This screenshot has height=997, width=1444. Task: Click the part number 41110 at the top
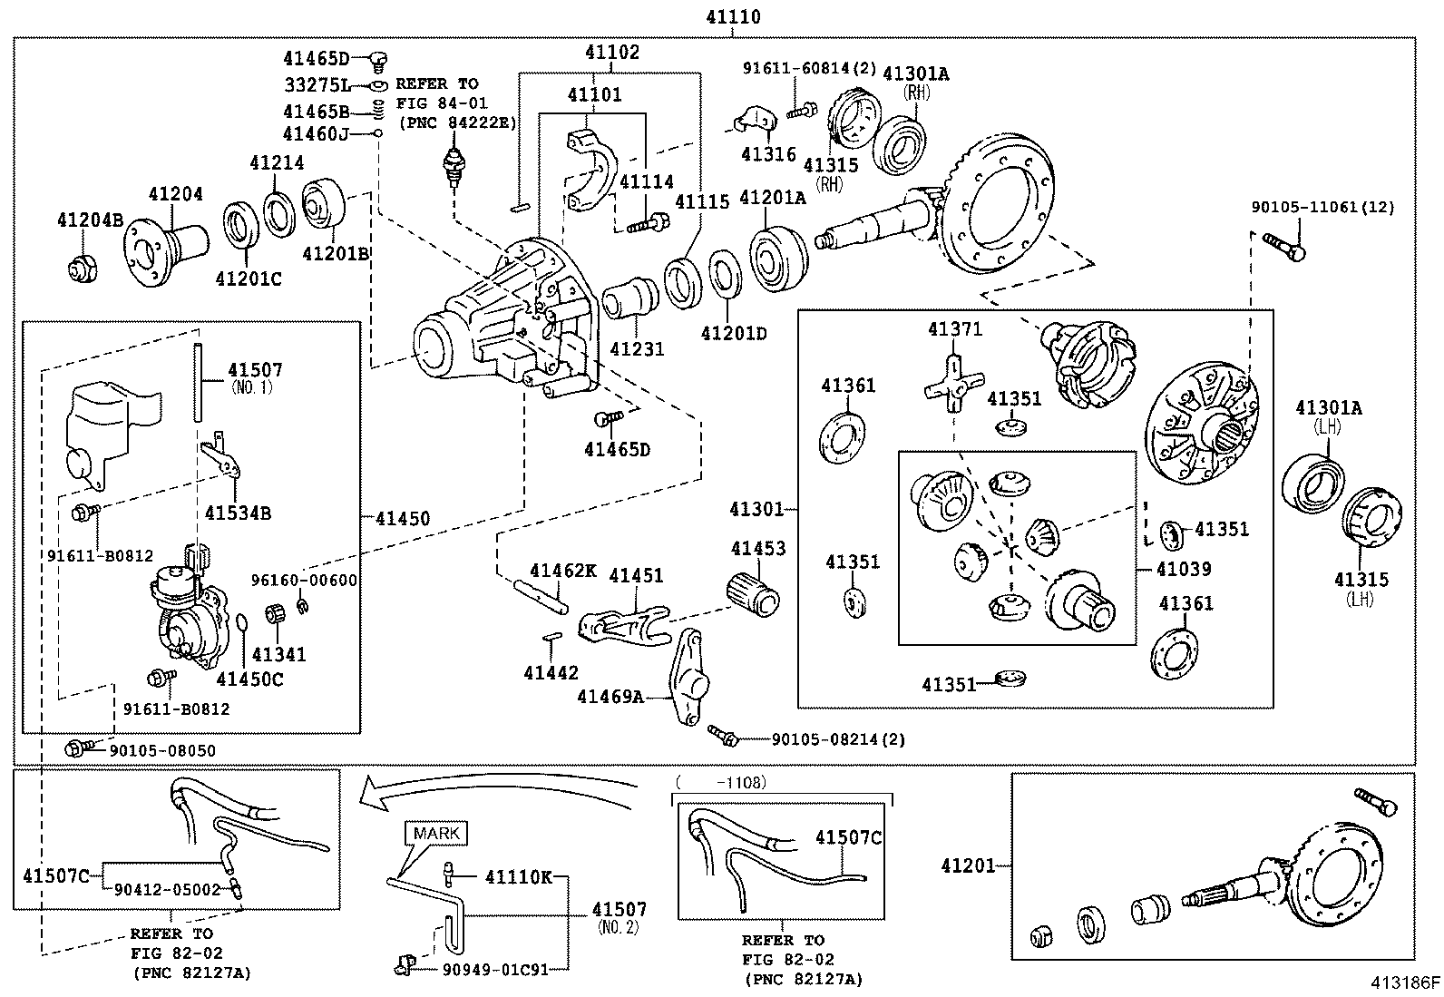tap(733, 16)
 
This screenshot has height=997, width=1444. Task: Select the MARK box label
tap(436, 833)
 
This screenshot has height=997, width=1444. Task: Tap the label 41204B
tap(91, 220)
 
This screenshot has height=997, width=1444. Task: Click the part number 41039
tap(1184, 569)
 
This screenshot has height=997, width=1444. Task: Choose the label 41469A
tap(610, 697)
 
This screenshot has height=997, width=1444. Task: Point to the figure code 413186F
tap(1405, 982)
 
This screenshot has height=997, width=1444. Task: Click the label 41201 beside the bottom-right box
tap(968, 865)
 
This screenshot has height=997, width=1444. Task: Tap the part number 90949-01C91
tap(495, 969)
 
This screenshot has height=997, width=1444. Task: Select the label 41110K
tap(518, 877)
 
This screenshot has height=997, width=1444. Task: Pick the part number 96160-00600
tap(304, 581)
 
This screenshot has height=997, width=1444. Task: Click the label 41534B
tap(238, 513)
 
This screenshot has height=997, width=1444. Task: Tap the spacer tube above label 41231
tap(630, 298)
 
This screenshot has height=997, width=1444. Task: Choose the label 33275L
tap(318, 84)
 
